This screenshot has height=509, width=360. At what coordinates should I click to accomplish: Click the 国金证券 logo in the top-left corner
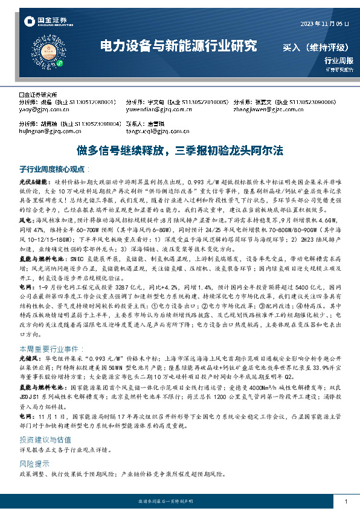tap(47, 22)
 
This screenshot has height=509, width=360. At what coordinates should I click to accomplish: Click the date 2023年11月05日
tap(325, 24)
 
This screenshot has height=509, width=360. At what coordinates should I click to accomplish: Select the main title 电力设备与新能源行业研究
tap(178, 46)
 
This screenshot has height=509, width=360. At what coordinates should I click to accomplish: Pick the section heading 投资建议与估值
tap(45, 423)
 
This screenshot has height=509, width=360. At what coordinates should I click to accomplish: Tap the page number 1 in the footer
tap(344, 502)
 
